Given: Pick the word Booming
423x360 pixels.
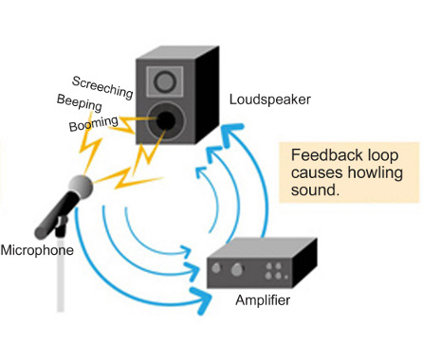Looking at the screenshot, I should [94, 124].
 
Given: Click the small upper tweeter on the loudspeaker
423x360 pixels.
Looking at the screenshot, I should [172, 76].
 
